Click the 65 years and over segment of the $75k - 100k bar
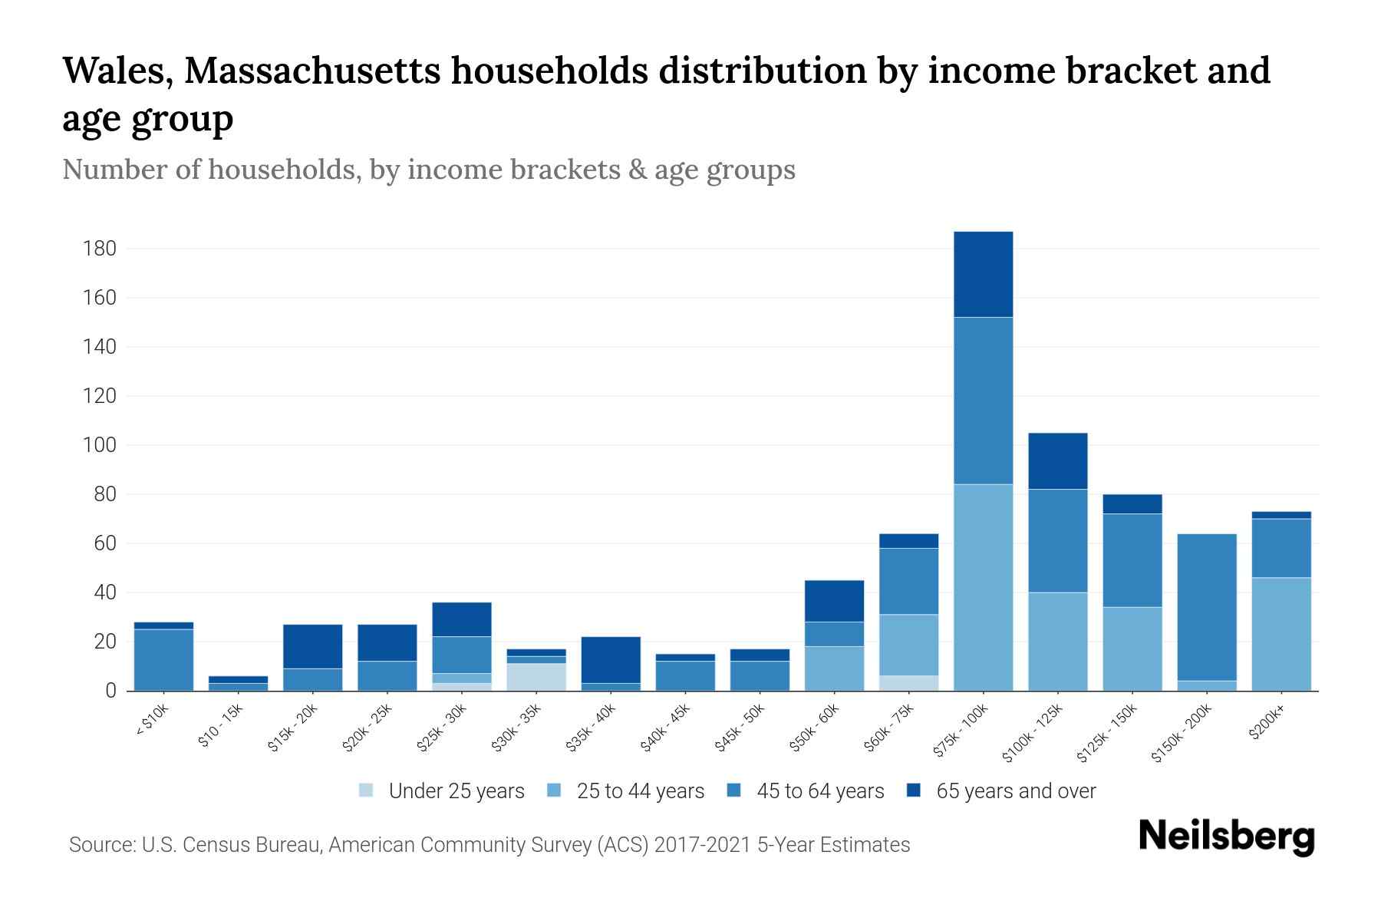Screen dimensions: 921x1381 click(x=983, y=274)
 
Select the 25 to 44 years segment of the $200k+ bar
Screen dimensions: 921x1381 click(x=1280, y=634)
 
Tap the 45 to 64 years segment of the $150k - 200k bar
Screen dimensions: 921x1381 click(x=1206, y=607)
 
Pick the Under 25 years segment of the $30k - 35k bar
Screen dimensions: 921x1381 click(x=536, y=677)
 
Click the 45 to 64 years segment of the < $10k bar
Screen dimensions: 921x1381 click(x=163, y=659)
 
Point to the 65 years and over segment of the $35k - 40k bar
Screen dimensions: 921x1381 click(x=610, y=659)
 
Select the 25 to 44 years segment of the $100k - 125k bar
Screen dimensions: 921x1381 click(x=1057, y=641)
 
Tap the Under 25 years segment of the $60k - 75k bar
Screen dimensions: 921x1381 click(x=908, y=683)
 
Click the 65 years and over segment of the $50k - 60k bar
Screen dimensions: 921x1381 click(x=834, y=601)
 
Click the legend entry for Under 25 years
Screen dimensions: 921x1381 click(x=456, y=791)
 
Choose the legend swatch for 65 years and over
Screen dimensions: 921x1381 click(x=914, y=791)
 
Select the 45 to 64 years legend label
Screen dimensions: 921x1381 click(x=820, y=791)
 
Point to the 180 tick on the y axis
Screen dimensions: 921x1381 click(x=100, y=249)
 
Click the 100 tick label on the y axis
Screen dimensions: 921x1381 click(x=100, y=445)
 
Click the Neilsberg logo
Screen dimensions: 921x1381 click(x=1226, y=837)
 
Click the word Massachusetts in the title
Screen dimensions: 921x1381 click(x=311, y=71)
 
